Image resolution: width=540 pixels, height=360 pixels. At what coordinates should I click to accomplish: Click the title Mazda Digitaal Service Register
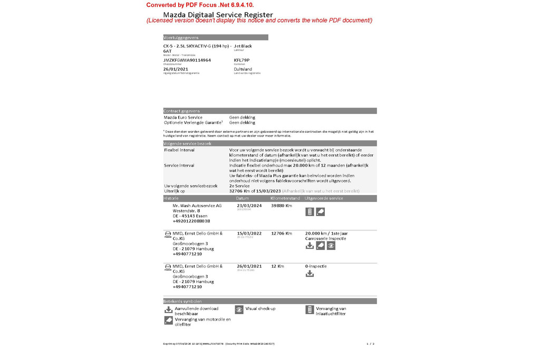218,14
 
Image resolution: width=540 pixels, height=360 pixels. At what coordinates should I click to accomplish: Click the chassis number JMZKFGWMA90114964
187,60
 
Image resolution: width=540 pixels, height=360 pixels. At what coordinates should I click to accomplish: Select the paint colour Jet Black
243,46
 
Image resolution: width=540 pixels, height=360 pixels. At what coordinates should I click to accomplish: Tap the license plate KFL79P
242,60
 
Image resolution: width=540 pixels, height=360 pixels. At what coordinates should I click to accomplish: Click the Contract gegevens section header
182,111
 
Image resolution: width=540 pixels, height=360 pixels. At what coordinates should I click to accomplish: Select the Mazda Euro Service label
183,117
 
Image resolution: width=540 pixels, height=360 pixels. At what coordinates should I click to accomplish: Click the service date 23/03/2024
249,206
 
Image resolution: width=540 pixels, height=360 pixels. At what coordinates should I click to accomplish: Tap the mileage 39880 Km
281,206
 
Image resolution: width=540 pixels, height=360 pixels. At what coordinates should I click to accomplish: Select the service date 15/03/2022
249,233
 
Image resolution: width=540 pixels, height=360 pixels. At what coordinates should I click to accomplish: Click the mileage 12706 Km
281,233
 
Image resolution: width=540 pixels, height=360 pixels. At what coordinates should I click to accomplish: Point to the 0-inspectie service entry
316,266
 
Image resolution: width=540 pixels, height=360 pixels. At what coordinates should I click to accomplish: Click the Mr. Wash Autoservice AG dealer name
197,206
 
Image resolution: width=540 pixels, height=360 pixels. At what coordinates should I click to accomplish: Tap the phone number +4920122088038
191,221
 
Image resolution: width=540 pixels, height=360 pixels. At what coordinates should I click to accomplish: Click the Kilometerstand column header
285,198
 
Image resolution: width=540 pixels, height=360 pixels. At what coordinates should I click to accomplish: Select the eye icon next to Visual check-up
239,310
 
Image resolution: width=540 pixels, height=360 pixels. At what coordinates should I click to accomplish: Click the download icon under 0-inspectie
310,274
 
